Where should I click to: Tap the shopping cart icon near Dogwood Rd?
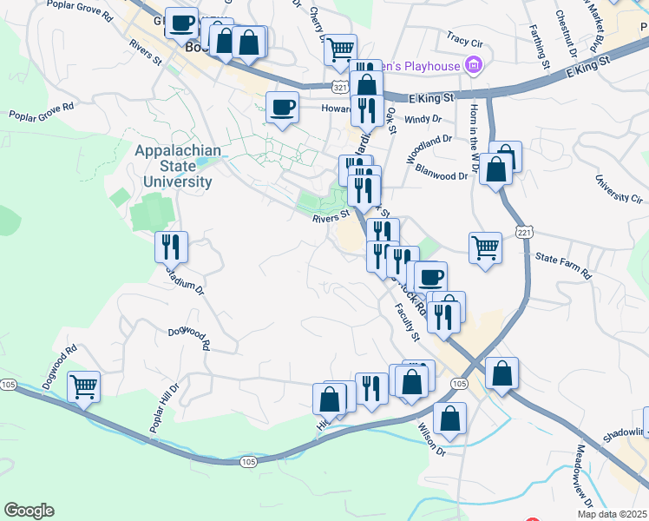tap(83, 387)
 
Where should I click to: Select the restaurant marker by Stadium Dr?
tap(171, 247)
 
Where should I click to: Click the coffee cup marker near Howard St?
tap(282, 108)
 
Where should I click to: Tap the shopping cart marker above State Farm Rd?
tap(486, 247)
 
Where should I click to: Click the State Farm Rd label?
tap(563, 265)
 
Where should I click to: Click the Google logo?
tap(29, 511)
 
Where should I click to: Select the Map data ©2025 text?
tap(613, 514)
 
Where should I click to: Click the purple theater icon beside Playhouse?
tap(473, 64)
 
